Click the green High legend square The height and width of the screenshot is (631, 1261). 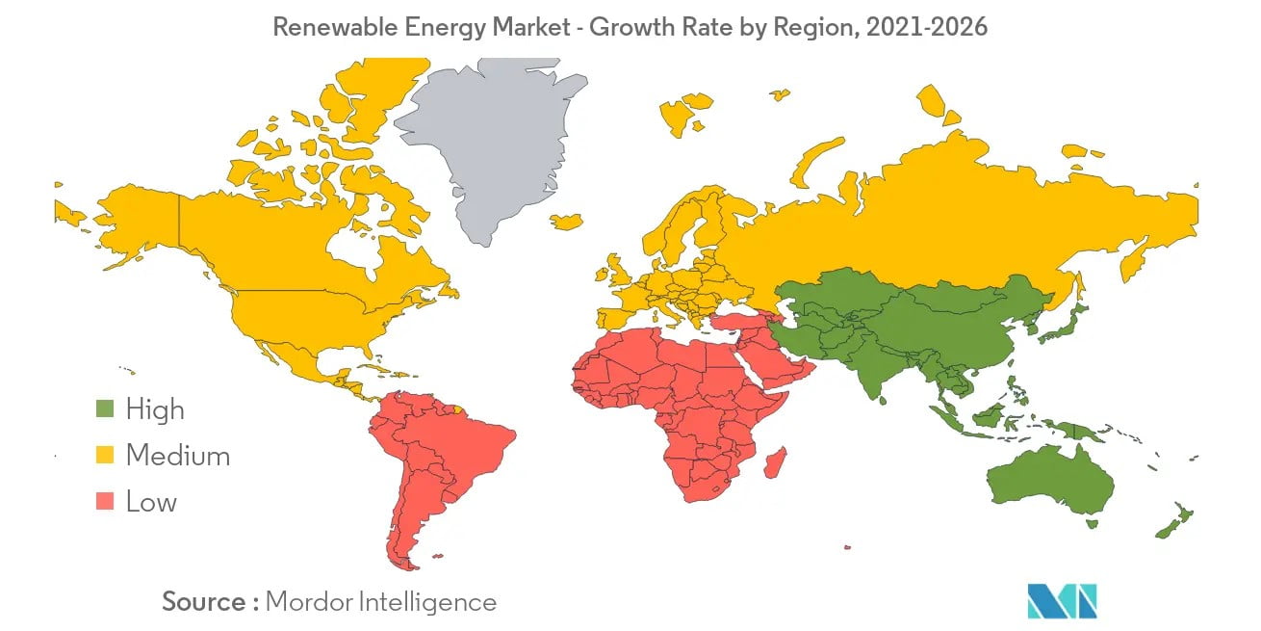[105, 409]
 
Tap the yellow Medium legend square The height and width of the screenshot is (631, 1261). [105, 455]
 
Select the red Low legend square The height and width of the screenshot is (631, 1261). [105, 501]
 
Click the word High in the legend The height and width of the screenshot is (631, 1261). [155, 409]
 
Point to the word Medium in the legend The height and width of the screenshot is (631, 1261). [178, 455]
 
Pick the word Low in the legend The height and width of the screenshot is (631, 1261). [151, 501]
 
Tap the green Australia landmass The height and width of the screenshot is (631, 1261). [1049, 482]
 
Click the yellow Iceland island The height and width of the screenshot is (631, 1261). [568, 222]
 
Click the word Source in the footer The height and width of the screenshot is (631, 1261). [204, 602]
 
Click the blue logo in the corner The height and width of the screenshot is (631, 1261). [1062, 600]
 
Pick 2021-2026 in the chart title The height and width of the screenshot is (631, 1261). [926, 27]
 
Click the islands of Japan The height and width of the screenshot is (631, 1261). [1064, 323]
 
